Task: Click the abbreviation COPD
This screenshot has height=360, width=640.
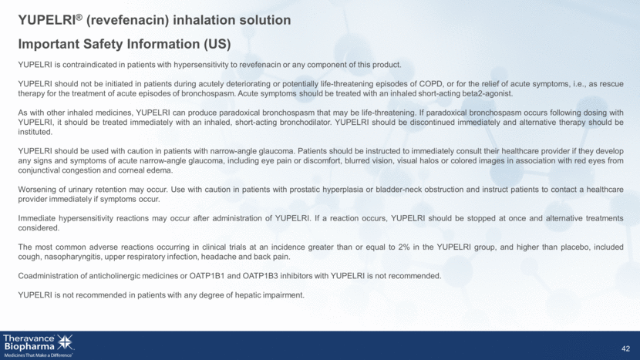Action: pyautogui.click(x=430, y=84)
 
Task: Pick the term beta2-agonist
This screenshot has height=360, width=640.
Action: pyautogui.click(x=489, y=94)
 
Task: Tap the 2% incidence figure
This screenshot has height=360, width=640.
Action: pyautogui.click(x=403, y=247)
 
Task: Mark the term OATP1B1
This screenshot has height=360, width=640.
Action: pyautogui.click(x=207, y=276)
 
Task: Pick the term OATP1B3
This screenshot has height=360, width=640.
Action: pyautogui.click(x=261, y=276)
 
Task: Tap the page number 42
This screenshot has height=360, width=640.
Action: pyautogui.click(x=625, y=349)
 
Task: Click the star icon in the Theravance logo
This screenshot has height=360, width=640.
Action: pyautogui.click(x=65, y=342)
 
